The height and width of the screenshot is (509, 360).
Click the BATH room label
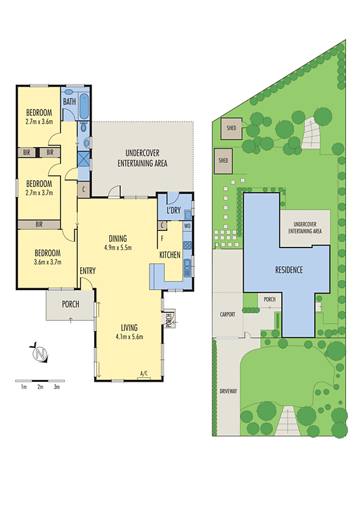coord(69,102)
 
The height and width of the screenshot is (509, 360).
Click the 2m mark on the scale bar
coord(40,387)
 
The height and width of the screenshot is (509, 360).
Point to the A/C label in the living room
coord(144,374)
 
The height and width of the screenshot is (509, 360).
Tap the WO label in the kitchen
coord(188,226)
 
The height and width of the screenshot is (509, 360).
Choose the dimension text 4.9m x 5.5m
coord(118,248)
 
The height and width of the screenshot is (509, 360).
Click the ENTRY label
coord(88,272)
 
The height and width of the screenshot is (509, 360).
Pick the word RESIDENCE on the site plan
coord(288,270)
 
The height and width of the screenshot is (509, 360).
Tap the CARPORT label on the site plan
coord(228,314)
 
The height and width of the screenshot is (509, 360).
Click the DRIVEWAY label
coord(228,391)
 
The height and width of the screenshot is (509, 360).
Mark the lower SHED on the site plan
coord(223,161)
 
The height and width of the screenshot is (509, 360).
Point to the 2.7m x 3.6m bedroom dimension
coord(39,121)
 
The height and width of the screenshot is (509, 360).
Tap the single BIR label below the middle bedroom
coord(39,225)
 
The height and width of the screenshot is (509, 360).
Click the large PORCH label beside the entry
coord(71,304)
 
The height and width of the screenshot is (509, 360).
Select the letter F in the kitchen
coord(162,238)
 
